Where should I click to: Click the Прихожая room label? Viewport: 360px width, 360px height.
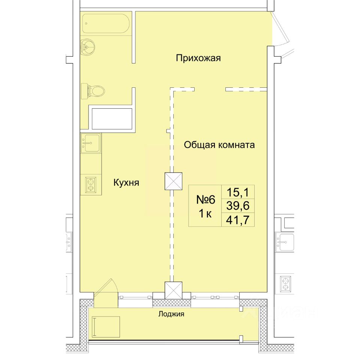[198, 58]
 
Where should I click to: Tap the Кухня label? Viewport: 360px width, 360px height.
[126, 183]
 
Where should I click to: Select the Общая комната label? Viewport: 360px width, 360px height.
[219, 145]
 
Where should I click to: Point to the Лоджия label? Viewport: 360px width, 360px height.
[171, 314]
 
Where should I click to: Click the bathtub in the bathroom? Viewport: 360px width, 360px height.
[106, 24]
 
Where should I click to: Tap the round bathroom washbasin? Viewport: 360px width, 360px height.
[87, 47]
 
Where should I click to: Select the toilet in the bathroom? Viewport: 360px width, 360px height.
[93, 91]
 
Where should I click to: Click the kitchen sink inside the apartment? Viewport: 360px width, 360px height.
[90, 143]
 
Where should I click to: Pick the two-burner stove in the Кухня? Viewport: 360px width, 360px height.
[91, 185]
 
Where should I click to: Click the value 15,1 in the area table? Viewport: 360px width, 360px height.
[238, 192]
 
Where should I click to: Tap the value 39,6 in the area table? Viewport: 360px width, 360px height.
[238, 205]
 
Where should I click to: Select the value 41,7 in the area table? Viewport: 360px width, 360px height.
[238, 220]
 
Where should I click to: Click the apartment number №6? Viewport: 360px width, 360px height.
[205, 199]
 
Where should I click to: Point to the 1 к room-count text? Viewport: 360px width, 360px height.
[205, 214]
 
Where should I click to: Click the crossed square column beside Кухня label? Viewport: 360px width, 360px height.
[174, 181]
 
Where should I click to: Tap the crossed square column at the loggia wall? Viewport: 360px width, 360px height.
[174, 290]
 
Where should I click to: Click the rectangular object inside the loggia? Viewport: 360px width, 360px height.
[106, 327]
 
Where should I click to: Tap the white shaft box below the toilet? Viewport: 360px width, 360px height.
[112, 119]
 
